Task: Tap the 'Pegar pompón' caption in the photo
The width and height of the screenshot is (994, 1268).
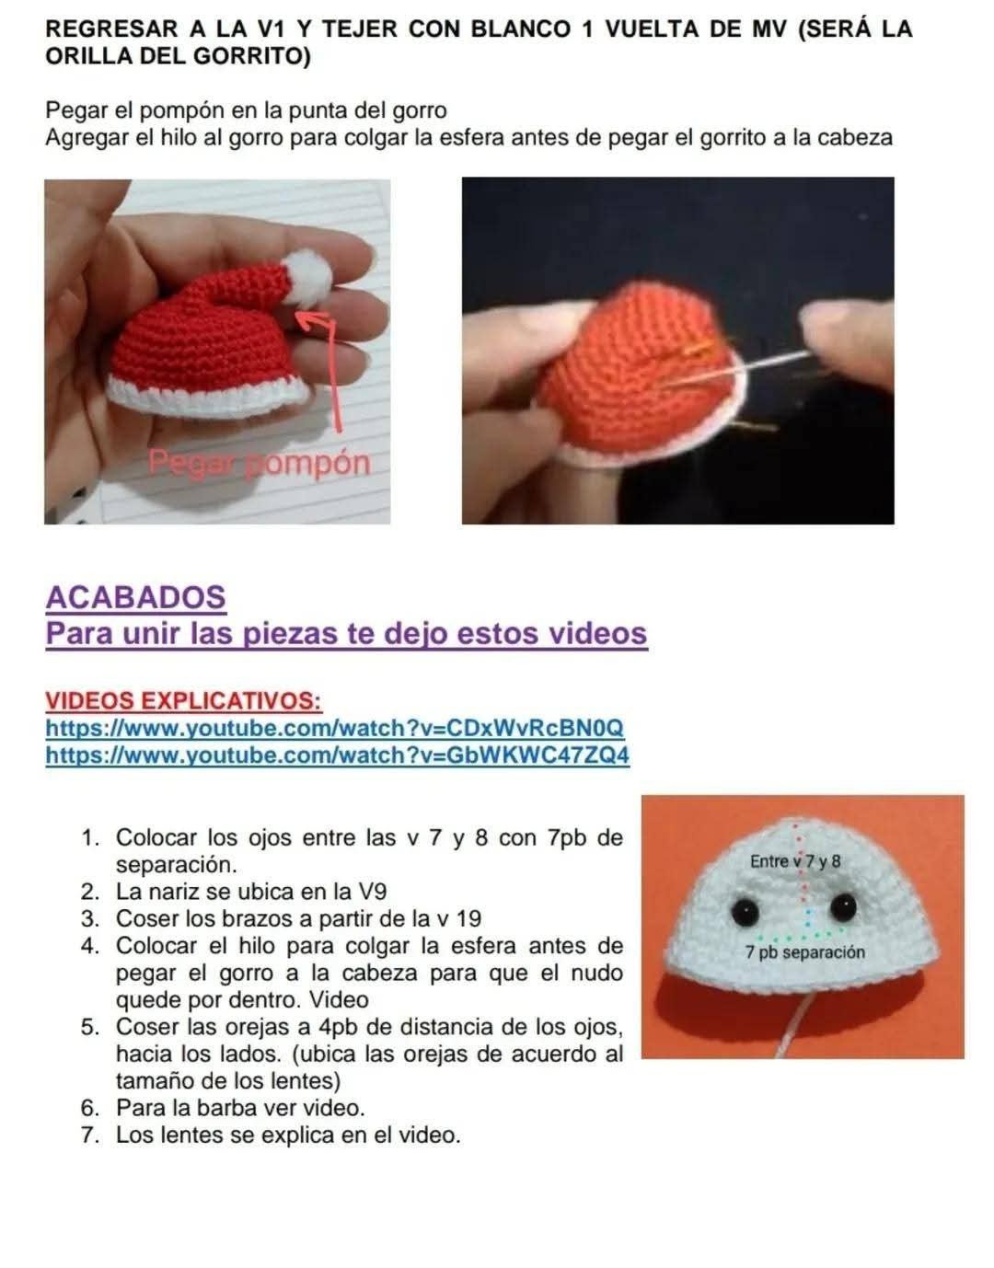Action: pos(259,462)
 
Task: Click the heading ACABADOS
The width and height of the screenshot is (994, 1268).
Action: pos(135,597)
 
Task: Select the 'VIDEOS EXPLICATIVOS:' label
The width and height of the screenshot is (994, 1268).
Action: pos(183,700)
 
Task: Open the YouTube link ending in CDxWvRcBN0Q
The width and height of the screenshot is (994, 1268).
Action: pos(335,728)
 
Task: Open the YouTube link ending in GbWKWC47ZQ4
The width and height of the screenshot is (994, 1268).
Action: pos(338,755)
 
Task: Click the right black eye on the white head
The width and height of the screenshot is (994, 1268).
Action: pos(842,907)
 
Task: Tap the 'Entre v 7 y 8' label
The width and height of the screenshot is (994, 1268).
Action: pos(794,861)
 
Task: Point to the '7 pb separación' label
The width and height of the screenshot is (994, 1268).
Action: pos(805,952)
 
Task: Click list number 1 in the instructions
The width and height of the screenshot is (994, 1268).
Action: pos(90,838)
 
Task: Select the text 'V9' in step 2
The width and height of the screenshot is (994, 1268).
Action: pos(371,892)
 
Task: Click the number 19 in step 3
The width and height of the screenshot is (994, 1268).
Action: pos(468,918)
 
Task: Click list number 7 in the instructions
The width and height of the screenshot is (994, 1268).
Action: pos(90,1135)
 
